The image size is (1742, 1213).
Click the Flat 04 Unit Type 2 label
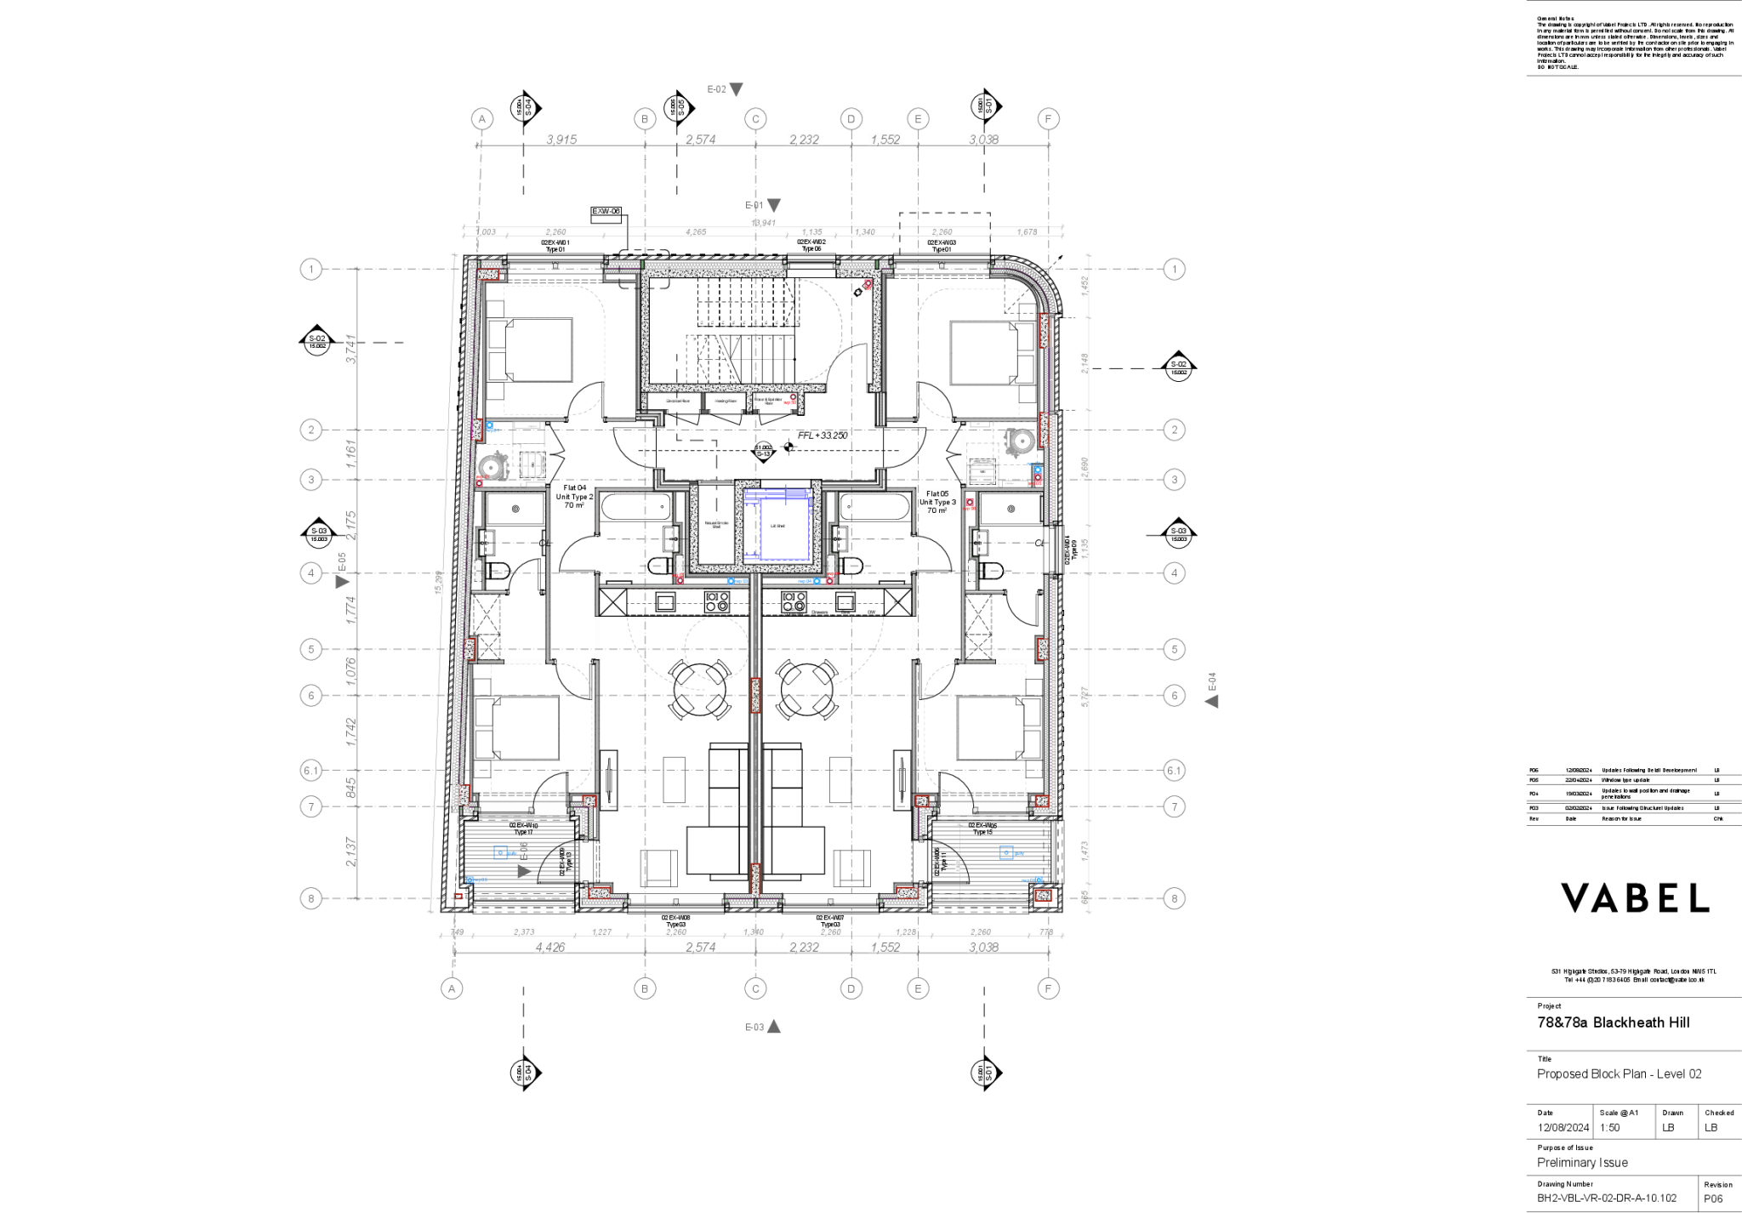click(x=574, y=497)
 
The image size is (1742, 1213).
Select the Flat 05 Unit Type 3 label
click(x=937, y=502)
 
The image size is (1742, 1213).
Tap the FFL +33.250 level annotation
click(x=822, y=435)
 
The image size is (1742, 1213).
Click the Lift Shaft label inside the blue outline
click(x=777, y=527)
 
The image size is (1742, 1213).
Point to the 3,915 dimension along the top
click(x=561, y=139)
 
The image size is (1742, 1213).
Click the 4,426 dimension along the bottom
click(x=549, y=947)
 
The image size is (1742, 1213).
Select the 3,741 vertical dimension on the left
click(x=351, y=350)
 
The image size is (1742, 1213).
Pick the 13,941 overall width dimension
click(x=763, y=222)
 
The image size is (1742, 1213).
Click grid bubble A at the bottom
click(x=452, y=988)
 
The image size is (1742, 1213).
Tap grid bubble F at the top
click(x=1048, y=119)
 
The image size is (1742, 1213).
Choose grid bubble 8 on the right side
click(x=1174, y=898)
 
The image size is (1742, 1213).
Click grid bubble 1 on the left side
click(x=311, y=270)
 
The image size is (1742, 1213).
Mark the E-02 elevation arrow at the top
click(x=736, y=89)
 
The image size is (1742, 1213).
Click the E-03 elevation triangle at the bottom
click(x=773, y=1027)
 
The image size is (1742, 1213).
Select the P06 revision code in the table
click(x=1534, y=771)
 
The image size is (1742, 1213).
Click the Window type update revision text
click(x=1625, y=780)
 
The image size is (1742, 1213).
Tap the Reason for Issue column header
click(x=1621, y=819)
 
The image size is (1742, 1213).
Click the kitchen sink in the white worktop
click(x=664, y=602)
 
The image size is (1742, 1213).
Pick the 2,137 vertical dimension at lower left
click(x=351, y=852)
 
